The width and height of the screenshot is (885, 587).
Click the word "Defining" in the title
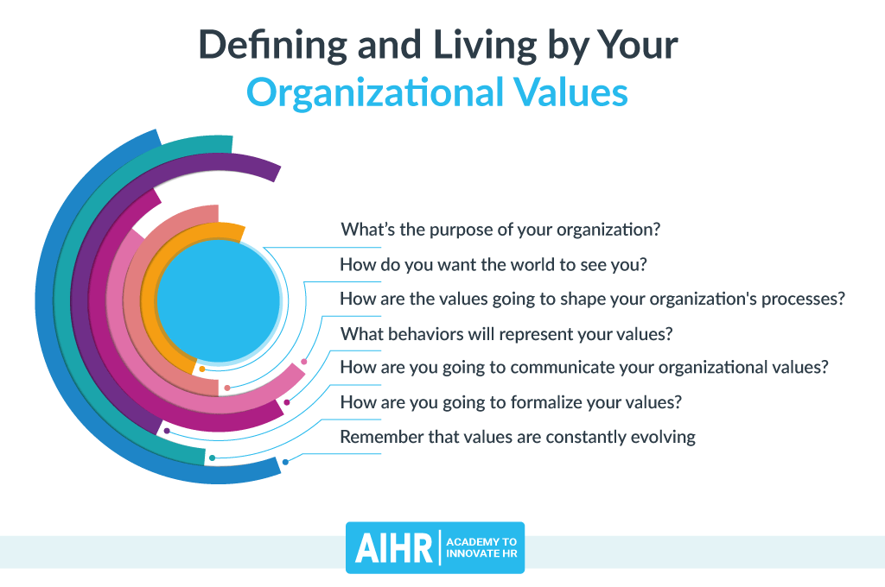(272, 46)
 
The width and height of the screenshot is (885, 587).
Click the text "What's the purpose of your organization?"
(500, 230)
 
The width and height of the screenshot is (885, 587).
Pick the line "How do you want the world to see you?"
(493, 264)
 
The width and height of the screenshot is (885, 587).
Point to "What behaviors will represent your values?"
(506, 334)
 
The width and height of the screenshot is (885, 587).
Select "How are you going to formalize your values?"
(511, 402)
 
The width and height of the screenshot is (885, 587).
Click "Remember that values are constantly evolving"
(518, 437)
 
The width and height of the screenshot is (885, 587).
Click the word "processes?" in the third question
(803, 300)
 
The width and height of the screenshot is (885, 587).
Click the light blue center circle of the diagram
(219, 300)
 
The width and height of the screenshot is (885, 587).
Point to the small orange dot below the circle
(202, 369)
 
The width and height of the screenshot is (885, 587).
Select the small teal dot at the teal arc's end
(213, 458)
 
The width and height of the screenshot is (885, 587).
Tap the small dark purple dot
(167, 431)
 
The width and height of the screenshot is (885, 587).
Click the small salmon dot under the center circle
(227, 388)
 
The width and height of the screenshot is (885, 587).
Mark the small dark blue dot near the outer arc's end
(285, 463)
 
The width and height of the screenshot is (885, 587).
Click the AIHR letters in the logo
(393, 547)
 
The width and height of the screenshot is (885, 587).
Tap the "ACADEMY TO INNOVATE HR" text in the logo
(481, 547)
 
